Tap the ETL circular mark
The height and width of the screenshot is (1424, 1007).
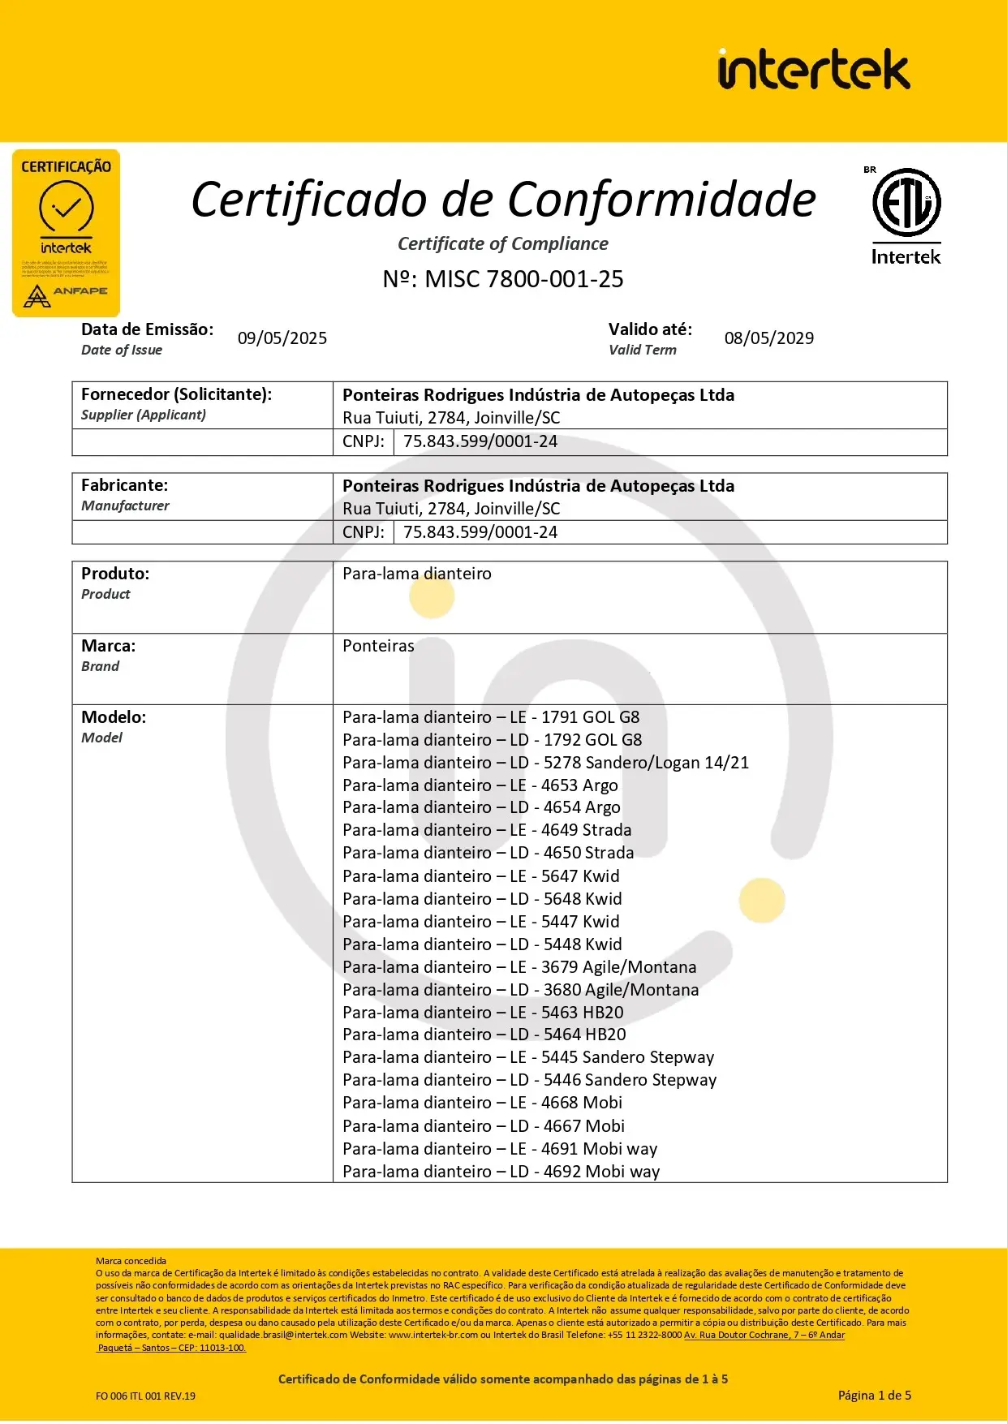click(x=906, y=202)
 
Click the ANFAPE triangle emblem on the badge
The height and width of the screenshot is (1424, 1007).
click(x=37, y=296)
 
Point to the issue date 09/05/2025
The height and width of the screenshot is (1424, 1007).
click(x=282, y=338)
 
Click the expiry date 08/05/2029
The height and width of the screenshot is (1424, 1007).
click(x=768, y=338)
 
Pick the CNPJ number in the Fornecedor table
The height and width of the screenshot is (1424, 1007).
click(x=480, y=441)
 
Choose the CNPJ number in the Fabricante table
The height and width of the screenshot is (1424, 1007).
click(x=480, y=532)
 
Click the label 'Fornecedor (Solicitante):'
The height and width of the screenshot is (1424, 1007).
click(x=176, y=394)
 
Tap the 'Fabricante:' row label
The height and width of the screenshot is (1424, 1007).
click(x=124, y=485)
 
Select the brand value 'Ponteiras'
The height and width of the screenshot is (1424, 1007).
click(x=378, y=646)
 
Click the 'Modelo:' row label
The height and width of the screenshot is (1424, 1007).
click(x=114, y=717)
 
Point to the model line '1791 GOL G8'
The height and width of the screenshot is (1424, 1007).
click(x=491, y=717)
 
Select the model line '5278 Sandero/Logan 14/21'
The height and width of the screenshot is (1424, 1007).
click(x=545, y=763)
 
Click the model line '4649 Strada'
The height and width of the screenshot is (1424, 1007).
click(x=487, y=830)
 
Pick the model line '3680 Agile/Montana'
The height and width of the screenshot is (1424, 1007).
click(x=520, y=990)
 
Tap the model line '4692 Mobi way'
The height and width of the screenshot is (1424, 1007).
click(x=501, y=1172)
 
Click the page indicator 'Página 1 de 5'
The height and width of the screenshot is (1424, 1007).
click(x=874, y=1395)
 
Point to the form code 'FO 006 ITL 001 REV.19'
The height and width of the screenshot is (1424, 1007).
click(x=145, y=1396)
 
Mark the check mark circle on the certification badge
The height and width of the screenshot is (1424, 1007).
click(x=67, y=208)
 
